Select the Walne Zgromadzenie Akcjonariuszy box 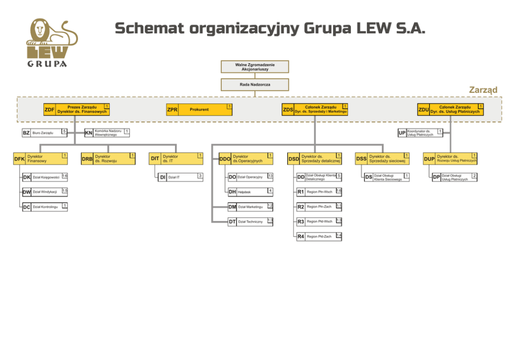[x=255, y=67]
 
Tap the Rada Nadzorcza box [x=255, y=84]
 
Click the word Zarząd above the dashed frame [x=483, y=90]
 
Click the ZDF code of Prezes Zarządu [x=49, y=110]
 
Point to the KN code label [x=89, y=133]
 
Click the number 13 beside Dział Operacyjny [x=270, y=176]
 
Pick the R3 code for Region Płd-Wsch [x=301, y=222]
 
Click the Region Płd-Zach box [x=319, y=236]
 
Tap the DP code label [x=437, y=177]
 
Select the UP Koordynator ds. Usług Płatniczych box [x=420, y=133]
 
